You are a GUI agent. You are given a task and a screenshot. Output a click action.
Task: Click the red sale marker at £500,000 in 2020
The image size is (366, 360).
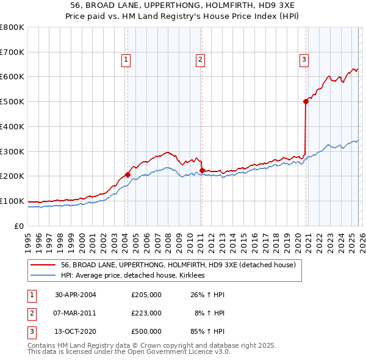[306, 102]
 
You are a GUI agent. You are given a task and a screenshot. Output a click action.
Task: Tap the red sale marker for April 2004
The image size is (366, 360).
[128, 175]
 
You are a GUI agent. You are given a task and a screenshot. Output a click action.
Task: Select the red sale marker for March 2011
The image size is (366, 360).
[202, 170]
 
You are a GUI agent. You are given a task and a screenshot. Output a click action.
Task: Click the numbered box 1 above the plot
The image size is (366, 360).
[125, 59]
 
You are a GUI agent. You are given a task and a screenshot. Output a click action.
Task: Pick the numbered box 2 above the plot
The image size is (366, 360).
[199, 59]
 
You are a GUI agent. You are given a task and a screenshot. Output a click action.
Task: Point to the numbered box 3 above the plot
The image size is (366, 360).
[303, 59]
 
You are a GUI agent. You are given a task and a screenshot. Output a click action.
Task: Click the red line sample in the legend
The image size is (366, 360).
[42, 265]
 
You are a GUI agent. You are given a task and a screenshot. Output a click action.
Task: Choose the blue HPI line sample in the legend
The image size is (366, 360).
[42, 275]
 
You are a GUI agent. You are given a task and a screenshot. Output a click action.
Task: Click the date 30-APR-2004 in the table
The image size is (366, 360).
[75, 295]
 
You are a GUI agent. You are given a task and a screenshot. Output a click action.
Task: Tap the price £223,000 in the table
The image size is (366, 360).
[146, 313]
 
